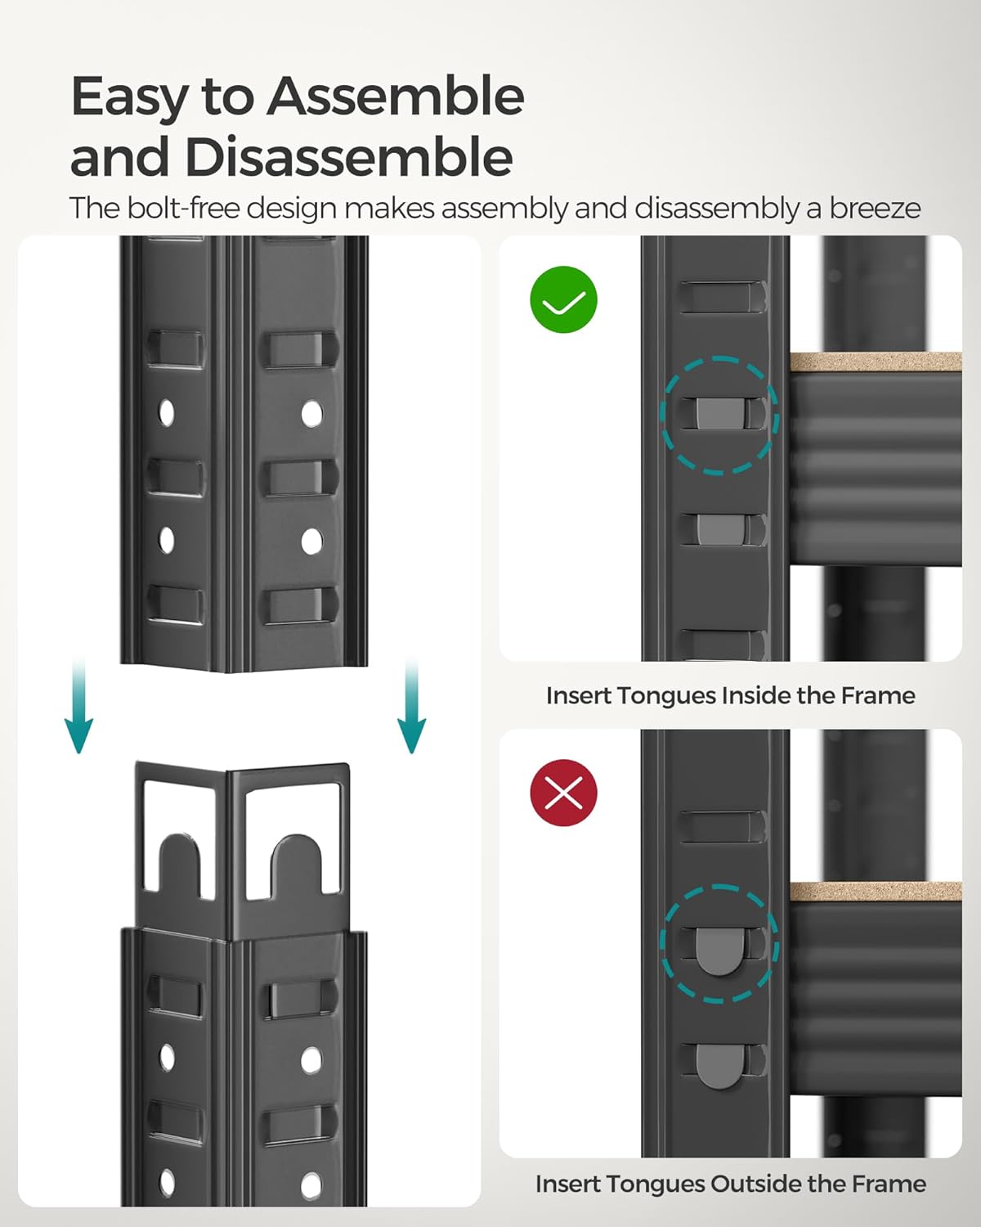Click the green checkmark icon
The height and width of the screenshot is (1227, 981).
point(563,299)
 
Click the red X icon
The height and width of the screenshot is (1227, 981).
point(563,793)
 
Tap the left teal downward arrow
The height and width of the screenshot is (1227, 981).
point(78,705)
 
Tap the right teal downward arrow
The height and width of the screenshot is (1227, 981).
point(411,705)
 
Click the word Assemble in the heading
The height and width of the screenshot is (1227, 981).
point(396,97)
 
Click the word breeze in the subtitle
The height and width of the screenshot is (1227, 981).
point(875,209)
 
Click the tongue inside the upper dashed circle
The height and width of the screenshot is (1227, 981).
point(720,413)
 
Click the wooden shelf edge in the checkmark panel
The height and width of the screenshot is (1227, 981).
point(876,362)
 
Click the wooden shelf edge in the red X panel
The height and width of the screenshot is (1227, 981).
point(876,892)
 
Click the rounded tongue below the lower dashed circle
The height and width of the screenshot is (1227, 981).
point(720,1067)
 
